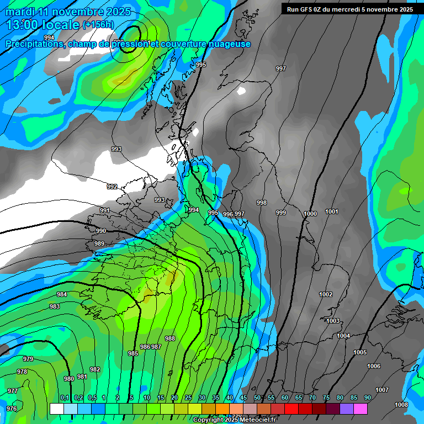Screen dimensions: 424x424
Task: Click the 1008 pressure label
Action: point(401,405)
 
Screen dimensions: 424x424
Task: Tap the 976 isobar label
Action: point(11,409)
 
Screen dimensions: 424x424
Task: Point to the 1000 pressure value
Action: point(310,214)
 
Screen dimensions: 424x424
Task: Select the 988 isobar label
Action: point(170,338)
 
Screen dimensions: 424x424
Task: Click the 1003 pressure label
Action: point(333,321)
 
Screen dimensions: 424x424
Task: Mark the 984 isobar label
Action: point(62,294)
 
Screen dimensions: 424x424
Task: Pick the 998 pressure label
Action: point(262,203)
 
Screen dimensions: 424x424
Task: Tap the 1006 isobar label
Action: point(374,366)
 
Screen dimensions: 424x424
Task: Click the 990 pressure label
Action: point(101,231)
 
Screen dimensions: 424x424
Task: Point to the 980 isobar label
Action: point(69,379)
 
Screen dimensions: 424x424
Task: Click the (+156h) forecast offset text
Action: point(98,24)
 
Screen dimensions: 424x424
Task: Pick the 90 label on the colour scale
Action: point(367,397)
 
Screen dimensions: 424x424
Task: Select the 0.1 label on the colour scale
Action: point(65,397)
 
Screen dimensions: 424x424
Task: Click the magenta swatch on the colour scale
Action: point(361,409)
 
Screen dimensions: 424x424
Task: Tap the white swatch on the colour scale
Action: point(56,409)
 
